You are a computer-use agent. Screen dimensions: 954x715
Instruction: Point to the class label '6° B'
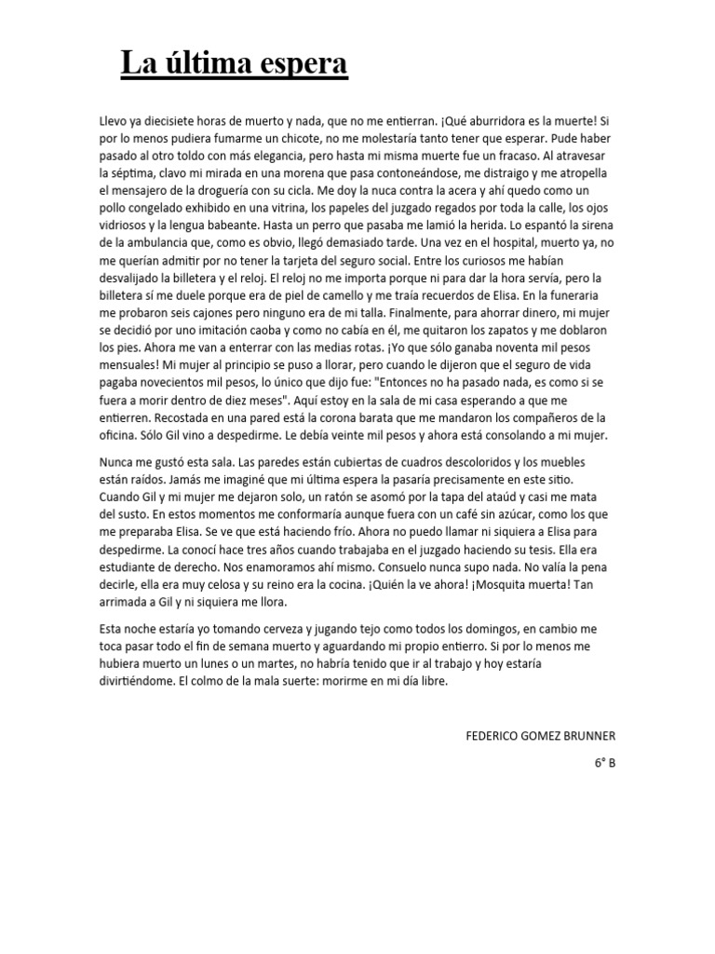click(605, 762)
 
